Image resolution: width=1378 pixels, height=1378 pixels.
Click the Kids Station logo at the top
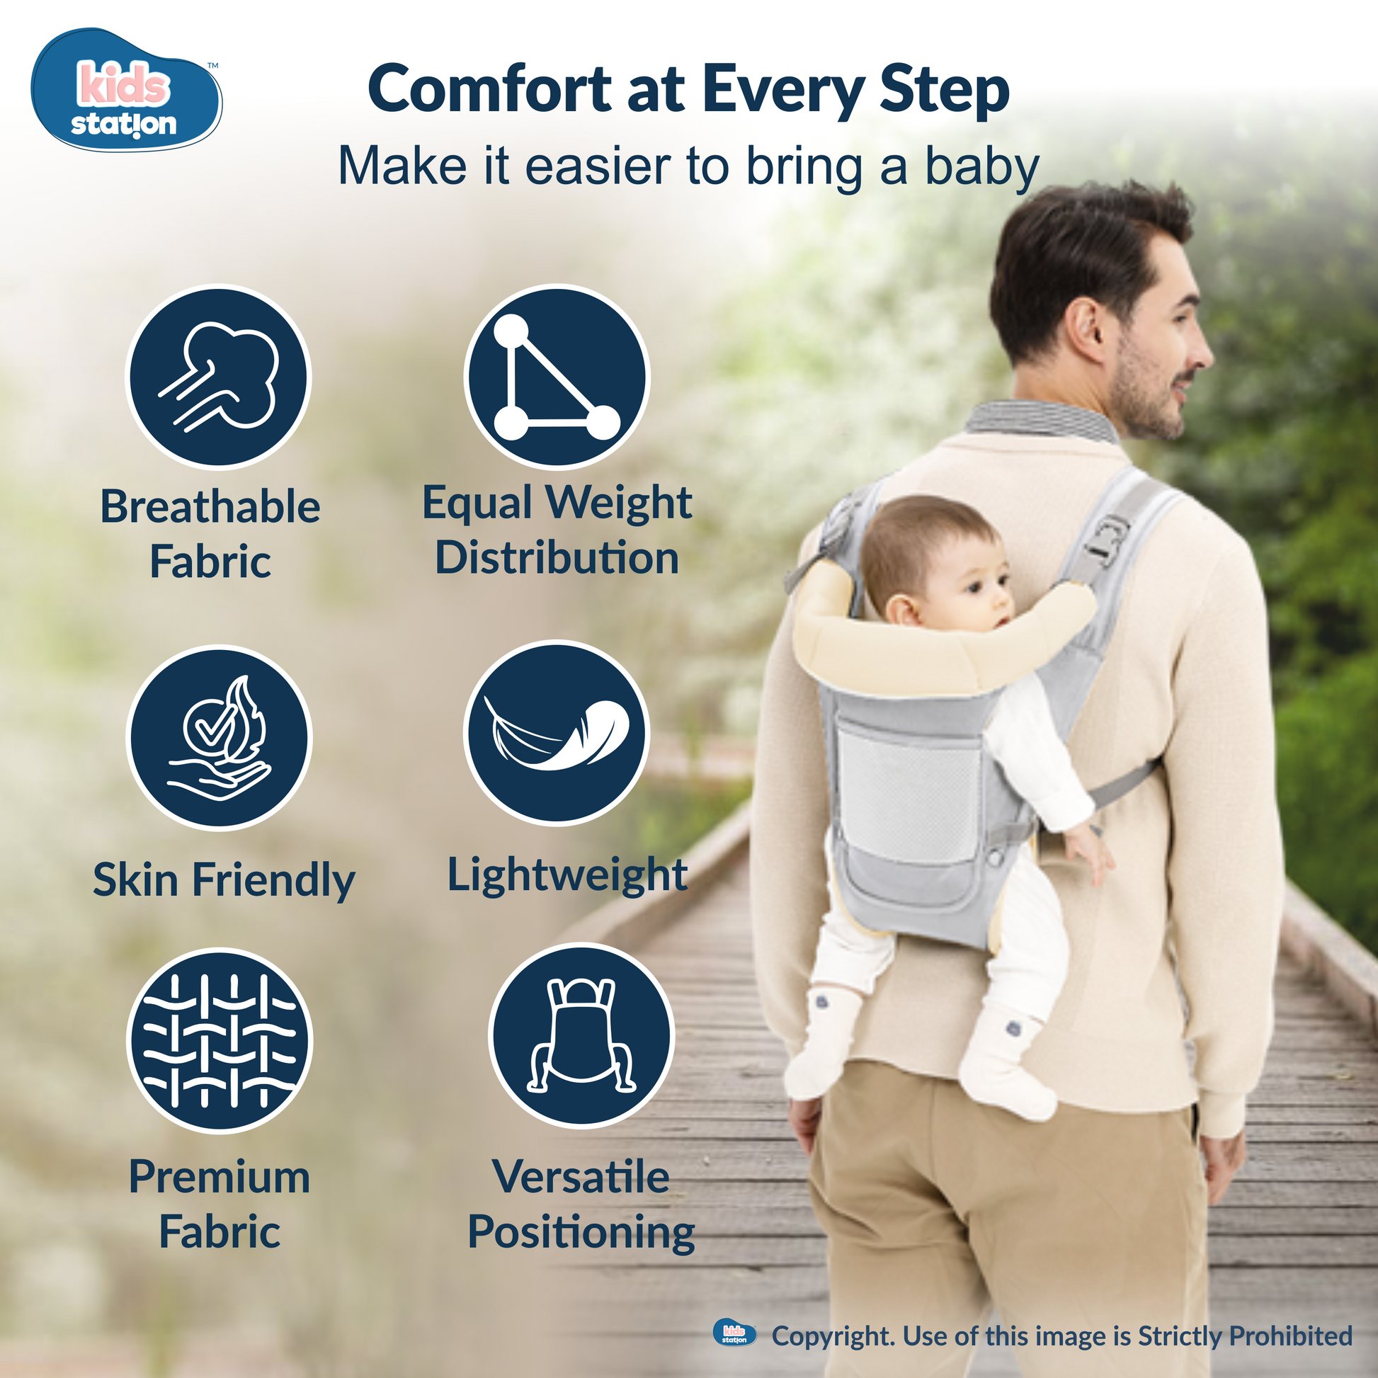point(126,90)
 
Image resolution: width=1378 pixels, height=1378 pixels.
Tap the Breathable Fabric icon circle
point(218,377)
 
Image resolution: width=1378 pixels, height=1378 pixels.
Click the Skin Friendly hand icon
point(220,736)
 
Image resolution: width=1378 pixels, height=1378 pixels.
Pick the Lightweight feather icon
point(557,732)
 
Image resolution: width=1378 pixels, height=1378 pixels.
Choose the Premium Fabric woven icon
point(220,1040)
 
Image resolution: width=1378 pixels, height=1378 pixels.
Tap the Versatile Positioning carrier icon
point(581,1036)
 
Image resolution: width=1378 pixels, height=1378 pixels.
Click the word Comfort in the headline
point(491,90)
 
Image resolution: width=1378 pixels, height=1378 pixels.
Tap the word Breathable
point(210,506)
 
